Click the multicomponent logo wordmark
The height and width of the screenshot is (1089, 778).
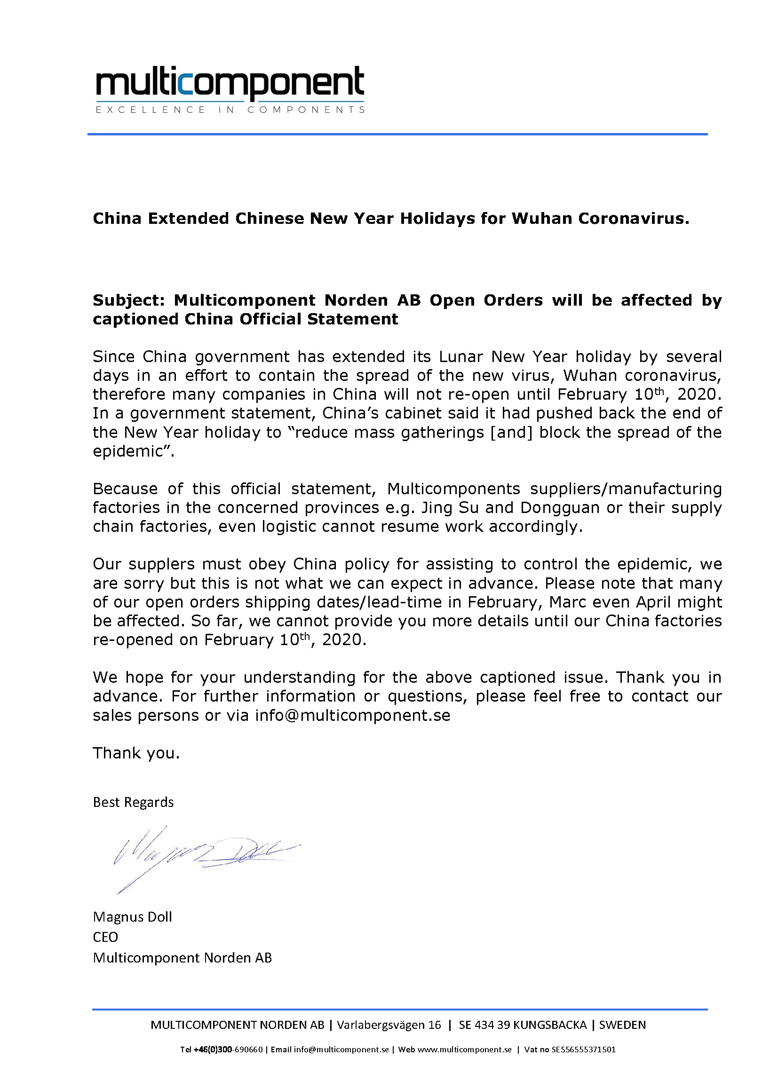click(230, 82)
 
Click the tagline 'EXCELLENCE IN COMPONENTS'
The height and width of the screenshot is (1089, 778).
click(230, 110)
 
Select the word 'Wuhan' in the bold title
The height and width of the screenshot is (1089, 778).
click(542, 218)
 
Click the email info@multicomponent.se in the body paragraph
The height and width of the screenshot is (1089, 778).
click(353, 716)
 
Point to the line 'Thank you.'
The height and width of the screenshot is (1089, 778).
click(136, 753)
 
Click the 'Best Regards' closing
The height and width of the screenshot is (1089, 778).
click(133, 802)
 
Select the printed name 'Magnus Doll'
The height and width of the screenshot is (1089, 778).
click(132, 916)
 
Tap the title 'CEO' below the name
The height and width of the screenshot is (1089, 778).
click(105, 937)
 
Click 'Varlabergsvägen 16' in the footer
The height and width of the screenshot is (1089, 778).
click(389, 1025)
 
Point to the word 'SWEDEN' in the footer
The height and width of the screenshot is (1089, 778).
click(622, 1025)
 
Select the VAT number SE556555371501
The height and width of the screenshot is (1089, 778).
click(583, 1049)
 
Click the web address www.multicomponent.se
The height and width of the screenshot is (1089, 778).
click(465, 1049)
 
